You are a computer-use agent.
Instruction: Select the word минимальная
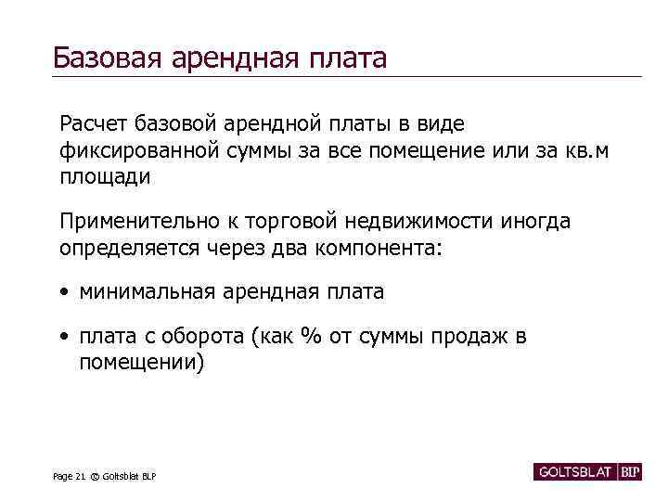148,291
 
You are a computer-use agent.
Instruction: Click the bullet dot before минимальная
64,292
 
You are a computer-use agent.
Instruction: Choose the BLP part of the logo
631,472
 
